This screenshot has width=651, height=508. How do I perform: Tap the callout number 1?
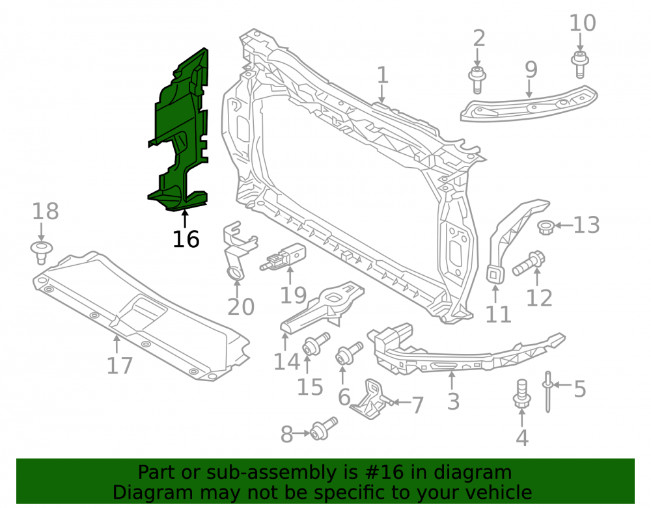pyautogui.click(x=382, y=75)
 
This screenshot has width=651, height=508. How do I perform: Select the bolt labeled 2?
pyautogui.click(x=477, y=79)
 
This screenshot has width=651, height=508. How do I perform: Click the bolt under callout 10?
pyautogui.click(x=580, y=64)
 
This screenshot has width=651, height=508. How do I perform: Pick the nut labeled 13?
pyautogui.click(x=545, y=228)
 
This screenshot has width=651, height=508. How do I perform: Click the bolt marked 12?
pyautogui.click(x=528, y=263)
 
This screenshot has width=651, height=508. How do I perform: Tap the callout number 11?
pyautogui.click(x=498, y=314)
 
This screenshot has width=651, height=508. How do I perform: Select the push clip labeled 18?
pyautogui.click(x=42, y=252)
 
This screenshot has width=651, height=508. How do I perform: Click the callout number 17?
pyautogui.click(x=120, y=366)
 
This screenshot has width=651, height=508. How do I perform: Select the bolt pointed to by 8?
pyautogui.click(x=324, y=429)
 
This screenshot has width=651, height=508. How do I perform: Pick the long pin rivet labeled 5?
pyautogui.click(x=547, y=392)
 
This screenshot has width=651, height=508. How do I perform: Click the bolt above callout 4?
pyautogui.click(x=522, y=393)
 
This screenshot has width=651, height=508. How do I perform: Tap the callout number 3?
pyautogui.click(x=453, y=401)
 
